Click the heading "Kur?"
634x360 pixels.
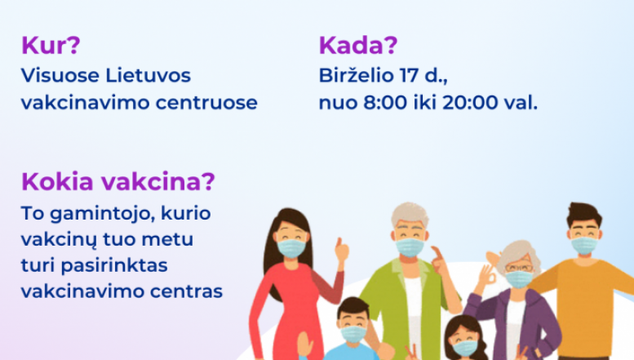(x=51, y=45)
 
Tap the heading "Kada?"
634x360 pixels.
(x=358, y=45)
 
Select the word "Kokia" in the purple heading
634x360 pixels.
(x=57, y=181)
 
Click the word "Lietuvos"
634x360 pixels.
(x=148, y=75)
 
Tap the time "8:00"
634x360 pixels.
(x=385, y=102)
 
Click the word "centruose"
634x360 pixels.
(x=206, y=103)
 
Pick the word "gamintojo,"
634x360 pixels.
(x=103, y=214)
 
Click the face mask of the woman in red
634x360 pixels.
(x=291, y=248)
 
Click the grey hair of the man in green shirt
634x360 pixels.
(x=410, y=214)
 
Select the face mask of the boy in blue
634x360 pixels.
(x=353, y=334)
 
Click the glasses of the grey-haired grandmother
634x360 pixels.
(x=519, y=268)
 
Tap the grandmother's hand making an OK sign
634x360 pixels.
(x=487, y=276)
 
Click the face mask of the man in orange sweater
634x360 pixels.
(x=584, y=245)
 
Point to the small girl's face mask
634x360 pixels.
(x=464, y=348)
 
